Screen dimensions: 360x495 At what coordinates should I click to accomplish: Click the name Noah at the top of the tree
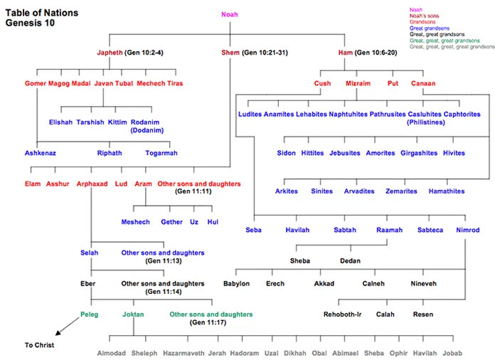click(x=230, y=14)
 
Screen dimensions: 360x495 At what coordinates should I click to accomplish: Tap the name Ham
click(x=348, y=53)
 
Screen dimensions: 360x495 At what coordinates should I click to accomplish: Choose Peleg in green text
click(x=90, y=313)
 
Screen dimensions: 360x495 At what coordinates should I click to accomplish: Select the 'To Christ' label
click(x=39, y=345)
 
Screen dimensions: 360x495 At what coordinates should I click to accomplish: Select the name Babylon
click(x=236, y=283)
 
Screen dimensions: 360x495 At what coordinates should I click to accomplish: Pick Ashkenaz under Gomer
click(x=41, y=152)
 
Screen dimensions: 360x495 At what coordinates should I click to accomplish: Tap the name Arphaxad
click(x=92, y=184)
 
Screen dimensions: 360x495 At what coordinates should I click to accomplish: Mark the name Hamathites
click(x=447, y=191)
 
